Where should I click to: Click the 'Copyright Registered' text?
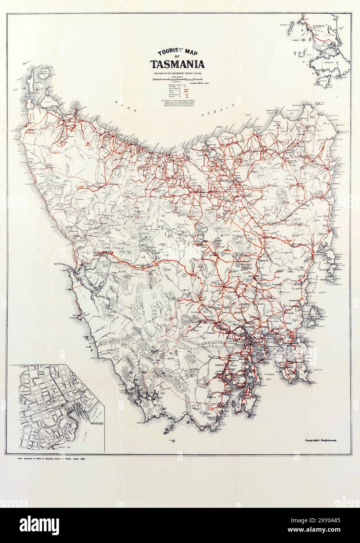tap(323, 440)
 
